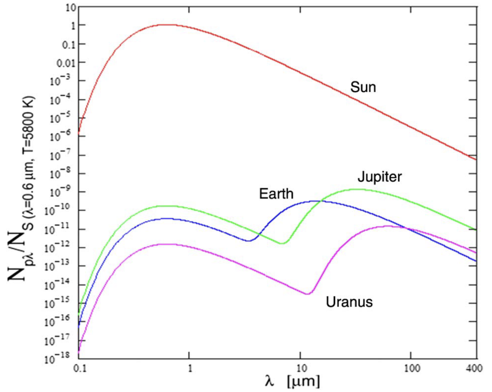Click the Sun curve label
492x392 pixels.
[363, 87]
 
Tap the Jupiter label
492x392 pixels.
[379, 177]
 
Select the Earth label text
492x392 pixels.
[276, 194]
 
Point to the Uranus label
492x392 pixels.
[349, 302]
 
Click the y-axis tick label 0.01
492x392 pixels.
[66, 63]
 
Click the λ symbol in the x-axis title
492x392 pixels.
[270, 381]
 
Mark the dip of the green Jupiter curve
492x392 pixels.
[282, 243]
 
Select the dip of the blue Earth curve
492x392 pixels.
[249, 241]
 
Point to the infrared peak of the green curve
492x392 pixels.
[359, 189]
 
